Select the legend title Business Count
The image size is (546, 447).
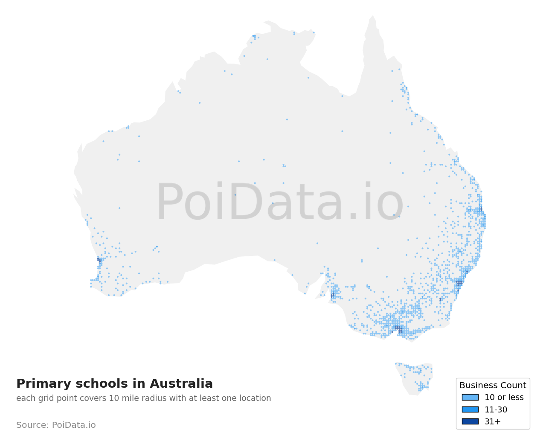click(x=493, y=385)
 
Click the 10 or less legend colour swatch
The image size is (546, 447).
click(x=470, y=397)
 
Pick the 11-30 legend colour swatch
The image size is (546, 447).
click(x=470, y=409)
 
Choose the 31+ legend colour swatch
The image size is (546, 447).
click(x=470, y=421)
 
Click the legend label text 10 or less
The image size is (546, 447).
click(x=504, y=398)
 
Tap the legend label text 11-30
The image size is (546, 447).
click(x=496, y=410)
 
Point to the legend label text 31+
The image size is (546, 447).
click(x=493, y=422)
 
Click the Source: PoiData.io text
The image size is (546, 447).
click(x=56, y=425)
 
